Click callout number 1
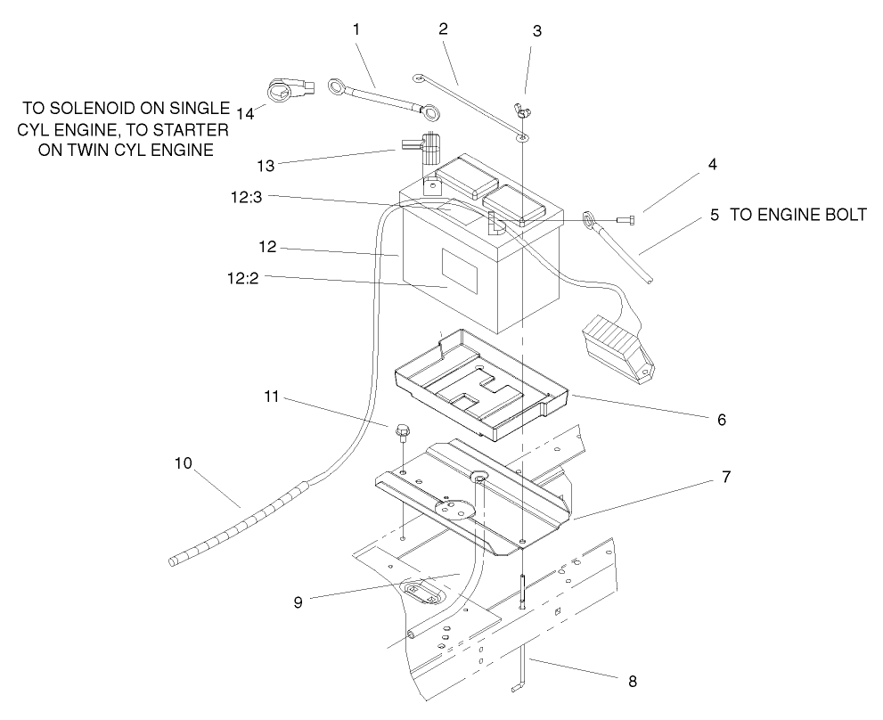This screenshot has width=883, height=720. [x=356, y=29]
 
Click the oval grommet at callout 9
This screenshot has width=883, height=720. [x=424, y=593]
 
